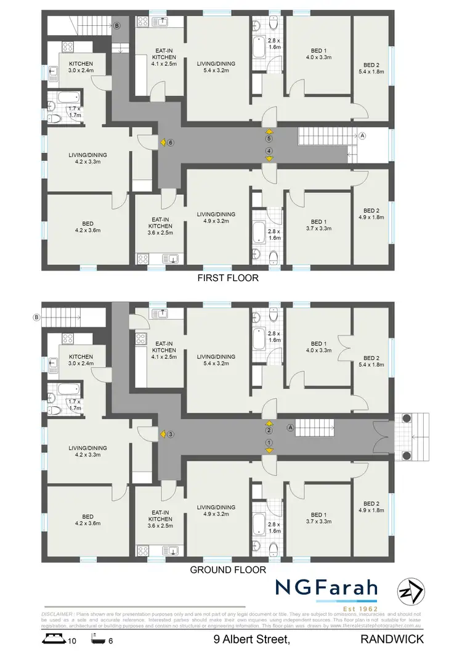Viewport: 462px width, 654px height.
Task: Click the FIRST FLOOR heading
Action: click(227, 278)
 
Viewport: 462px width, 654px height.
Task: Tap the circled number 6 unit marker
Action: click(171, 142)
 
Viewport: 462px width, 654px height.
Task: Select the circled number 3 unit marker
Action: click(171, 434)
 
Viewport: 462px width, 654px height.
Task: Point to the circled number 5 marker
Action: click(269, 139)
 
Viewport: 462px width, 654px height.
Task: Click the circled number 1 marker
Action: click(269, 443)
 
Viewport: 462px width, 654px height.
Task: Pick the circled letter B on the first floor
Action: click(116, 25)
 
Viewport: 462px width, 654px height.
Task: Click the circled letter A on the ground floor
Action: click(291, 427)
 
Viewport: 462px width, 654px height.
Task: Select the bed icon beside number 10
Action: click(54, 640)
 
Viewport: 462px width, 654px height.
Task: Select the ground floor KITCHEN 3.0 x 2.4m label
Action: click(81, 360)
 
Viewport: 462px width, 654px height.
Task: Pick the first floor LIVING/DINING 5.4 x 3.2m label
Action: click(216, 67)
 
